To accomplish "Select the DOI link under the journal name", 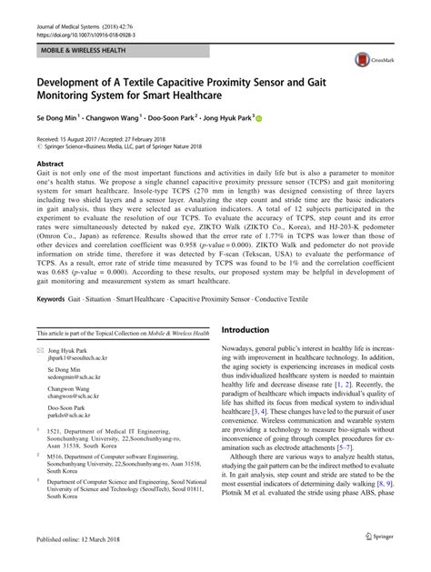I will pyautogui.click(x=80, y=20).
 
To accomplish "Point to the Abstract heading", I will pyautogui.click(x=50, y=164).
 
